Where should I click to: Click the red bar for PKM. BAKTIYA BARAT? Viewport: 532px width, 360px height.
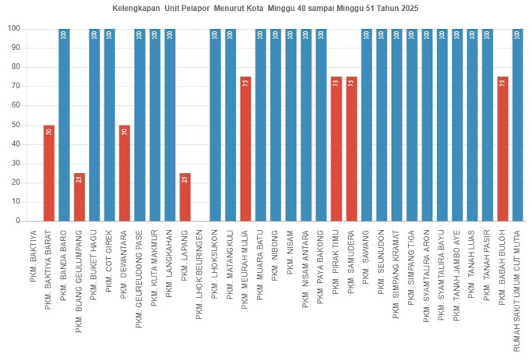tap(48, 173)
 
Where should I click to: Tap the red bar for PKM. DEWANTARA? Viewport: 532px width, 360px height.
tap(124, 173)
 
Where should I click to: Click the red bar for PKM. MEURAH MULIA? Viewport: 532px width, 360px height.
tap(245, 149)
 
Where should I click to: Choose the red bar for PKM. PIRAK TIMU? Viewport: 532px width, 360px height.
tap(336, 149)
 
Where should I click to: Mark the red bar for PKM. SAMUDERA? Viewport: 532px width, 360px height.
tap(351, 149)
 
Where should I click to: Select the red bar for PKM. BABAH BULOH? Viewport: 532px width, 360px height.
tap(502, 149)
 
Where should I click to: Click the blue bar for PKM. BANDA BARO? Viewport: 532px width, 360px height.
tap(64, 125)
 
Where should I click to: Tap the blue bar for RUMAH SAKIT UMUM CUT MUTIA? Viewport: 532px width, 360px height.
tap(517, 125)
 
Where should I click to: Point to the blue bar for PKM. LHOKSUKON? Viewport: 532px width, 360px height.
tap(215, 125)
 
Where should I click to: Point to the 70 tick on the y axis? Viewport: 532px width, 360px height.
tap(14, 86)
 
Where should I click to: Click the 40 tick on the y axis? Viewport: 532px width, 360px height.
tap(14, 144)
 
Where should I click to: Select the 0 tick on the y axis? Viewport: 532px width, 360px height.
tap(16, 221)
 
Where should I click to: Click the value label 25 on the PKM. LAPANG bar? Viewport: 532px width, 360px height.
tap(185, 179)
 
